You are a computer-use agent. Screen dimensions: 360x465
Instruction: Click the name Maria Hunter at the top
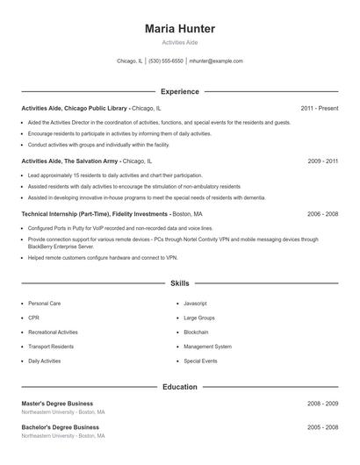(179, 29)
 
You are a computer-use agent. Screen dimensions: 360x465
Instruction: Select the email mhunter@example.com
(216, 61)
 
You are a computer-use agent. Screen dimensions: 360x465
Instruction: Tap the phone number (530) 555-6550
(166, 61)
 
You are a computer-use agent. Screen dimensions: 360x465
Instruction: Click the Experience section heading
(179, 91)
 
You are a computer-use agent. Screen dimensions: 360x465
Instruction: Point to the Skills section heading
(179, 283)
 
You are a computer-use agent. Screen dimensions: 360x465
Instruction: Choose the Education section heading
(179, 386)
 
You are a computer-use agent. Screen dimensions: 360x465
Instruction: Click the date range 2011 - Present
(319, 108)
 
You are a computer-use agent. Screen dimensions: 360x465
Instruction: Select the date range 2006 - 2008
(322, 213)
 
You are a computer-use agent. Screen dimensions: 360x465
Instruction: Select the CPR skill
(33, 318)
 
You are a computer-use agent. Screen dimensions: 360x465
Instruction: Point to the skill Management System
(207, 347)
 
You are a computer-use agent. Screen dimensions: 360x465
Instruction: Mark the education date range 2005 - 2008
(322, 427)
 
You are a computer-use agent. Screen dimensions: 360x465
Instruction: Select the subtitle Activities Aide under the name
(179, 42)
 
